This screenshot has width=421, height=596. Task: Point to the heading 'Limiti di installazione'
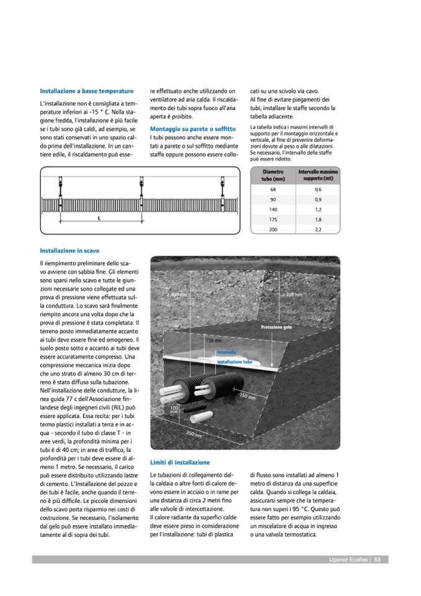point(180,462)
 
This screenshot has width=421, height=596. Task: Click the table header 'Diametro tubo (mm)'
point(273,175)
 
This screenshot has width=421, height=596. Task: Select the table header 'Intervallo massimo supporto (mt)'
point(318,175)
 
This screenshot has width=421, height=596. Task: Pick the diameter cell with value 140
point(273,209)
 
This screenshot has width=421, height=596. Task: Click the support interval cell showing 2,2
point(318,229)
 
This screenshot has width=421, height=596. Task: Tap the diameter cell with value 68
point(273,189)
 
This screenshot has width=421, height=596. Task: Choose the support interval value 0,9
point(318,199)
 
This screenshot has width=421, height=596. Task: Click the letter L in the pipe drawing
point(99,219)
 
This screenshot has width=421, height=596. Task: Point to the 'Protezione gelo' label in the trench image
point(276,327)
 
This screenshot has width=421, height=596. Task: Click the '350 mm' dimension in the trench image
point(195,434)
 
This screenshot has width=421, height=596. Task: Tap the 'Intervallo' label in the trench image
point(226,352)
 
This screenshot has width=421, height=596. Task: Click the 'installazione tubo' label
point(234,361)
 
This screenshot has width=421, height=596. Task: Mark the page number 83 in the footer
point(377,559)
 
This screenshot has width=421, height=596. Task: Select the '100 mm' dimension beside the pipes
point(174,410)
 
